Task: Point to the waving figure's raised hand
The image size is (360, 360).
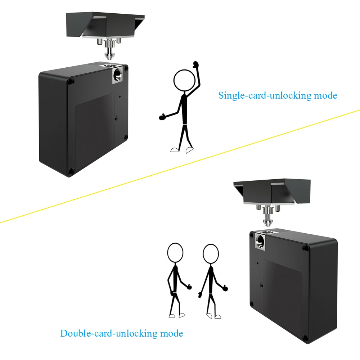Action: click(196, 65)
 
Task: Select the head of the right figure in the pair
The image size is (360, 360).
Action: click(211, 253)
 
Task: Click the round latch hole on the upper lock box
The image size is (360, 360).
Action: click(117, 75)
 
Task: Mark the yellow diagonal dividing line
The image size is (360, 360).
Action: click(180, 166)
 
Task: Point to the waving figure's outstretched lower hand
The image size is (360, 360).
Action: click(162, 117)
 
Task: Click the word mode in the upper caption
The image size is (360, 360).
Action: click(325, 96)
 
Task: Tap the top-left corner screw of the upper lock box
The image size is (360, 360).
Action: click(70, 82)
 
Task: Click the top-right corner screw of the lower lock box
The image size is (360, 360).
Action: click(306, 248)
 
